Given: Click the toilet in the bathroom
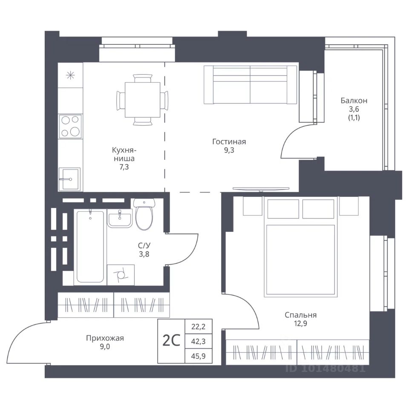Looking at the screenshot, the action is [x=144, y=213].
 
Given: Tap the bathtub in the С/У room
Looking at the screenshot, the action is [x=90, y=246].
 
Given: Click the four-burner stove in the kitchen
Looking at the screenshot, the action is [x=70, y=126].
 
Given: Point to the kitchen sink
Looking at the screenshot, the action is [x=69, y=179].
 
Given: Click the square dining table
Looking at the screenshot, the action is [x=142, y=100].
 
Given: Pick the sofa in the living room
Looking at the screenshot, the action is [x=250, y=85].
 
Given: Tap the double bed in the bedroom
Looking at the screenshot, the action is [x=301, y=247].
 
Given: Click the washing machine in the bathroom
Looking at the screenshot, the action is [x=121, y=275].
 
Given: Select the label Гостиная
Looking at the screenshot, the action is [x=229, y=141].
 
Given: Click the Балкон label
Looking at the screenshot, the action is [x=354, y=101].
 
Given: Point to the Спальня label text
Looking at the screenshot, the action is [x=300, y=315].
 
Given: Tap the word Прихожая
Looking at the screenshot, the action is [x=105, y=338].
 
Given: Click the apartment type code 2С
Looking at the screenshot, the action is [x=171, y=341].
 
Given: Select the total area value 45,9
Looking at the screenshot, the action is [x=198, y=356].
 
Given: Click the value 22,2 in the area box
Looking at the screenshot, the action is [x=198, y=326].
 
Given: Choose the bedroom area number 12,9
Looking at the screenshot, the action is [x=300, y=324].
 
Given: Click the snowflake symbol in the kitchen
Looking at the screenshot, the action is [x=70, y=76].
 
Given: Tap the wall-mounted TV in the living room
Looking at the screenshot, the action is [x=261, y=189].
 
